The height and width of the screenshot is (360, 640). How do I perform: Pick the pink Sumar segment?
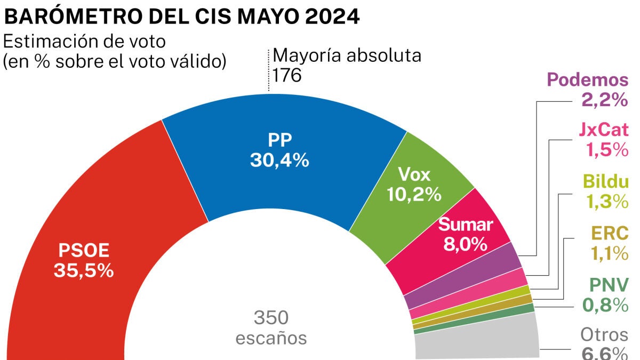[x=448, y=251]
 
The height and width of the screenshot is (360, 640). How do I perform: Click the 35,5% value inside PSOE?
[x=84, y=270]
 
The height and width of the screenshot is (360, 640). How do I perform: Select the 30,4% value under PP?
[x=279, y=160]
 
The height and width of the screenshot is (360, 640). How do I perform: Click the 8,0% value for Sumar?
[x=465, y=244]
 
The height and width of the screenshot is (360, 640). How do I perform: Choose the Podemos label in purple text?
[x=588, y=81]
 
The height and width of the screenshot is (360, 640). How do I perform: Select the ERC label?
[x=609, y=233]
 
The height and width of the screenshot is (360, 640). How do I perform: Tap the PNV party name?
[x=609, y=284]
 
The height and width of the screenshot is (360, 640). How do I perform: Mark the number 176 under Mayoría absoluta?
[x=287, y=75]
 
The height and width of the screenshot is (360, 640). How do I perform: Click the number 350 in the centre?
[x=271, y=318]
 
